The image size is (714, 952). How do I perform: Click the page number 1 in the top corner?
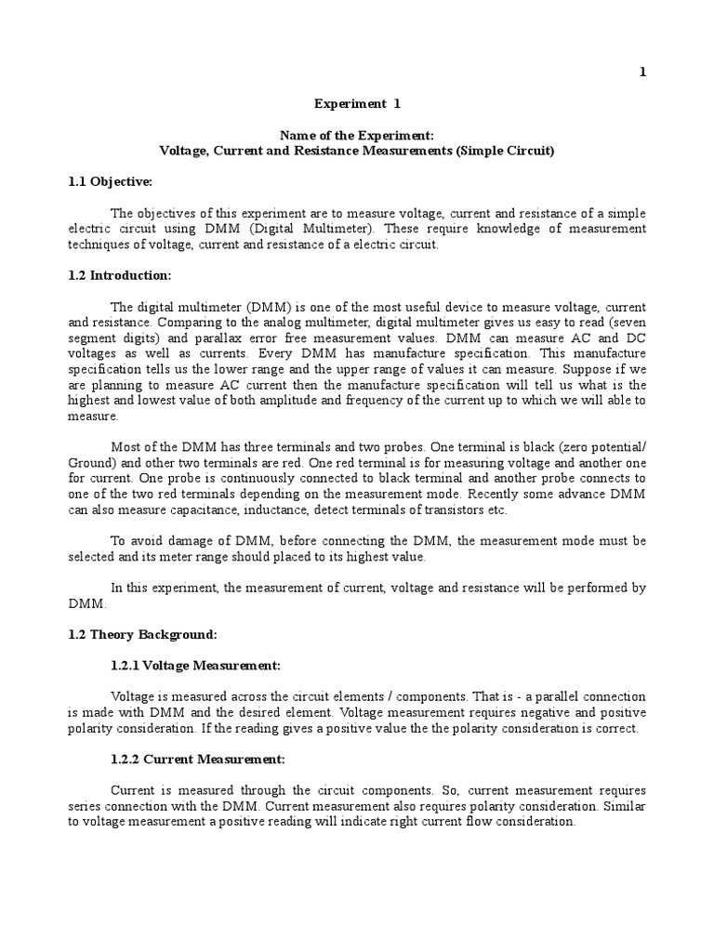pos(642,73)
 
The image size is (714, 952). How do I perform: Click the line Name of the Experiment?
pos(357,136)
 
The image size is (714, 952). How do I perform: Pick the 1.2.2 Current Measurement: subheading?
pos(197,760)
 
